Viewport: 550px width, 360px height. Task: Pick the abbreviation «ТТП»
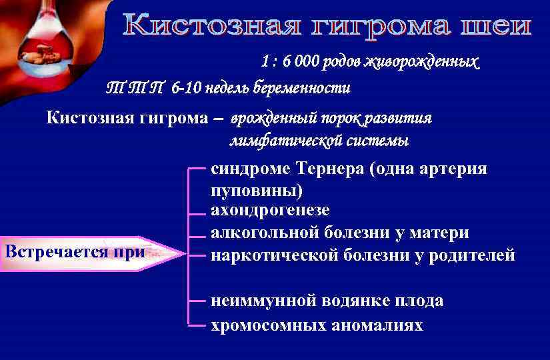click(x=136, y=88)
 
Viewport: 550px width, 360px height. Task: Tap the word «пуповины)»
click(x=256, y=191)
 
